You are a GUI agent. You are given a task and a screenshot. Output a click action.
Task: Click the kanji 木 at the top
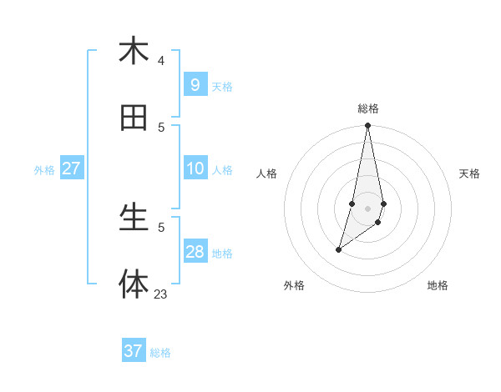134,52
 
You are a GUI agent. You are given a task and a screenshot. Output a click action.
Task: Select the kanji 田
134,118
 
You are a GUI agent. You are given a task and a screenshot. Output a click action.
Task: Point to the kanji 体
134,284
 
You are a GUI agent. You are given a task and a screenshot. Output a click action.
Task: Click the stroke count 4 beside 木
161,60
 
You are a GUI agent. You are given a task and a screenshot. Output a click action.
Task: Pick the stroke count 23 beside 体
160,294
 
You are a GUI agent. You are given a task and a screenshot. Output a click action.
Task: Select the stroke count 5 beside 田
161,127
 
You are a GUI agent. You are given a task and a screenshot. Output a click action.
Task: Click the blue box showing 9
195,85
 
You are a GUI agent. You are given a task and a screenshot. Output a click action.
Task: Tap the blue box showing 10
195,168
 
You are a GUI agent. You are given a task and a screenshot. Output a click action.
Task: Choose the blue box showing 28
195,252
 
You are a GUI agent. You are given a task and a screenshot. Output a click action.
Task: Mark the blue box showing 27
71,168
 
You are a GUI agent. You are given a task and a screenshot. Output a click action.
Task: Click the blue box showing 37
134,351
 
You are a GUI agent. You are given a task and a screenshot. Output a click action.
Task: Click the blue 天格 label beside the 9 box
222,87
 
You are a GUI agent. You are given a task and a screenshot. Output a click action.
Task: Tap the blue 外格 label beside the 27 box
44,170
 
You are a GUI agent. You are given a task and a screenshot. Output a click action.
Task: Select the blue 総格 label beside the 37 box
160,353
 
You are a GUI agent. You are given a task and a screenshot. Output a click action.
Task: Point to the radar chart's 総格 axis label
367,108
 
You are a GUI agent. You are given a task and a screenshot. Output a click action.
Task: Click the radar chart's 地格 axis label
438,286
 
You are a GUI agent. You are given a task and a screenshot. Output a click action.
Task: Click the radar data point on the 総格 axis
367,126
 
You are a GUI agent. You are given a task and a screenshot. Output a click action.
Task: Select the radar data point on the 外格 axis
338,249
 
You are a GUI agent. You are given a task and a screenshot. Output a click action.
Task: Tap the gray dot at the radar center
367,209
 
